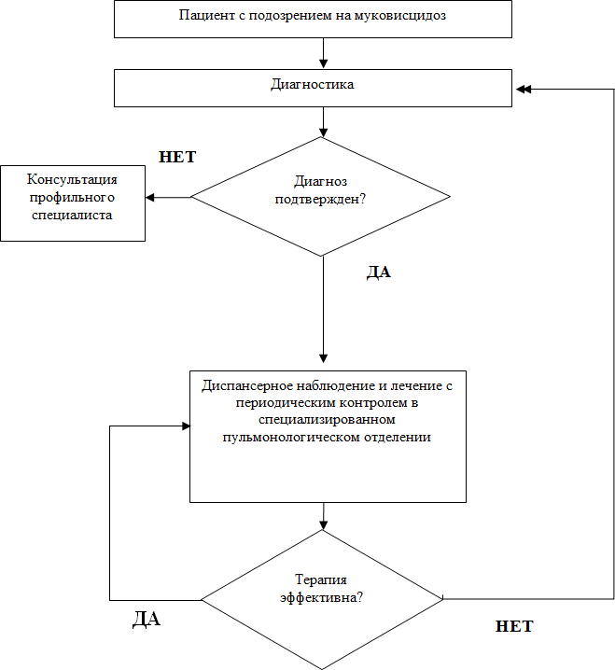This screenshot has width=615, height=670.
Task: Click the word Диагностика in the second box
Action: click(313, 84)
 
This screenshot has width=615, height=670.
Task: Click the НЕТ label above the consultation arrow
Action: click(177, 157)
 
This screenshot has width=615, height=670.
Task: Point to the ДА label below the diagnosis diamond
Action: click(379, 272)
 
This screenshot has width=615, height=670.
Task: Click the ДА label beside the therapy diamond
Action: click(147, 619)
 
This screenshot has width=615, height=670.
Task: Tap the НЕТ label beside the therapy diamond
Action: click(514, 626)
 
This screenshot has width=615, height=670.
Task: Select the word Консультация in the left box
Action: click(72, 179)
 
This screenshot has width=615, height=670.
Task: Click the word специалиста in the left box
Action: click(72, 215)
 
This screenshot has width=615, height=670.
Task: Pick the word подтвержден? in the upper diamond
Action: click(320, 199)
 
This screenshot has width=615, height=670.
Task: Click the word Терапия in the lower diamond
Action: click(321, 579)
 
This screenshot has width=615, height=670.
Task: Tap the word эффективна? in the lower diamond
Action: click(321, 597)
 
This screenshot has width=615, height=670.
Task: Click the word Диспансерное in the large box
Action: click(246, 385)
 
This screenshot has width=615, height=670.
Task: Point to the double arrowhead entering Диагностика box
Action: click(524, 90)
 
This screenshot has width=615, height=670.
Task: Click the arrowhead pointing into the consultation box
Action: click(149, 198)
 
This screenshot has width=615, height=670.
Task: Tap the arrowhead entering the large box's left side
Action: click(186, 426)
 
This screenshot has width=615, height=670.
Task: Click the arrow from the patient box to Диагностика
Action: click(324, 53)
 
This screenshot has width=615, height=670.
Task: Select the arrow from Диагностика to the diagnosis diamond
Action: click(324, 122)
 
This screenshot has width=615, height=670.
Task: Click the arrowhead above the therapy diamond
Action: click(324, 525)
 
